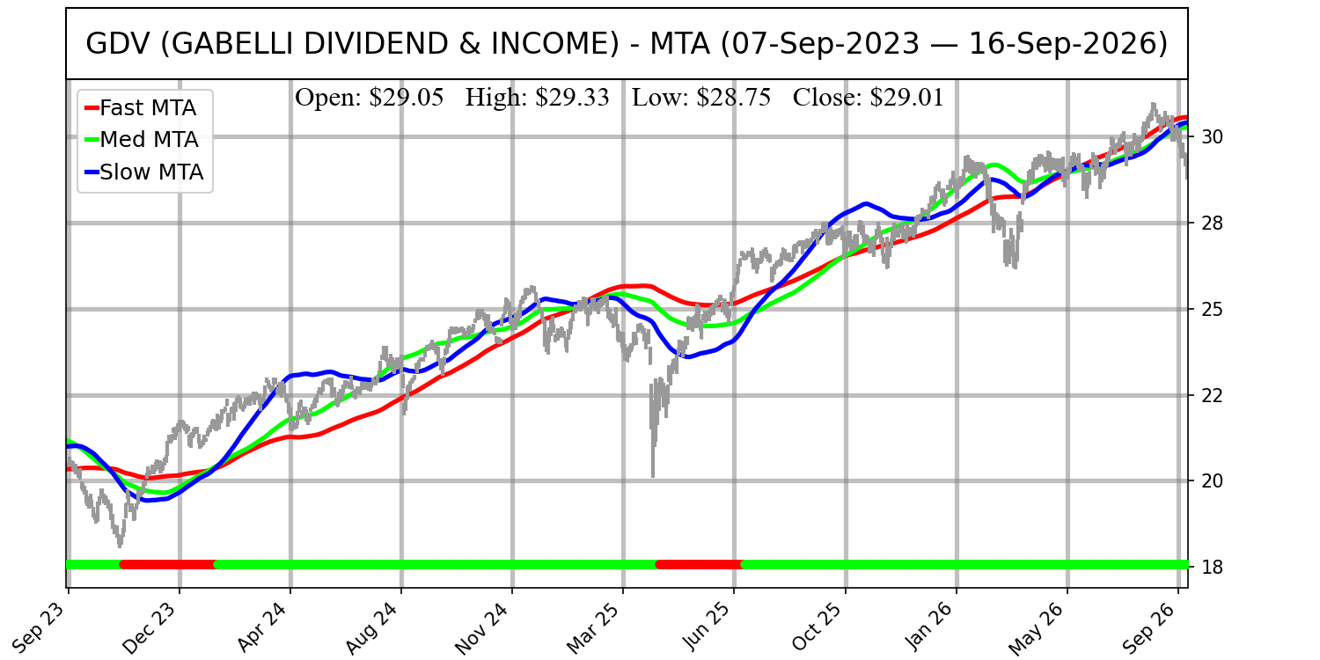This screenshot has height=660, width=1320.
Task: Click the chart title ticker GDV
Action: click(x=118, y=44)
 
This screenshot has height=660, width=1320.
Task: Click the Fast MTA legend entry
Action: click(x=141, y=108)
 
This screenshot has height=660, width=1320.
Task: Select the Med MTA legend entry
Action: click(x=142, y=140)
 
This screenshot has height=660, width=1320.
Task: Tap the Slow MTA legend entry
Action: click(x=144, y=172)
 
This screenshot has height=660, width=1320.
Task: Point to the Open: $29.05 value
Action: click(x=369, y=97)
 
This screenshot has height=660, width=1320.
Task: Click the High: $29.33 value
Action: click(x=537, y=97)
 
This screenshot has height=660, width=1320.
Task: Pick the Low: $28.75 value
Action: click(x=701, y=97)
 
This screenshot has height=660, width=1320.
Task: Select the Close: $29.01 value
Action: click(x=868, y=97)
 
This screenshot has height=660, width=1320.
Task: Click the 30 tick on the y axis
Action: click(x=1211, y=137)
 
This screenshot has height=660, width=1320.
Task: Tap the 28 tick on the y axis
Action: click(x=1211, y=224)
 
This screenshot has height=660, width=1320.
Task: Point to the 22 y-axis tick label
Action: click(x=1211, y=395)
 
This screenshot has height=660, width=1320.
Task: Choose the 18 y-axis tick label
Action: click(x=1211, y=567)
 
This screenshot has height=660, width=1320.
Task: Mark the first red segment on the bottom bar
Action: click(x=168, y=565)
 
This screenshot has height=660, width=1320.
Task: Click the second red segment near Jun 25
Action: click(x=700, y=565)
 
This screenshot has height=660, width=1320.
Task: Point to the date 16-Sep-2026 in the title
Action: click(x=1067, y=44)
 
